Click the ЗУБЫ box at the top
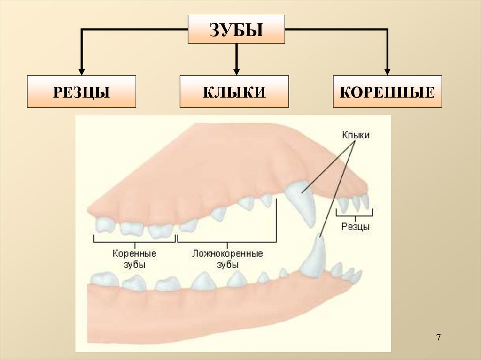pos(236,30)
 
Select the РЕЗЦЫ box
pos(81,92)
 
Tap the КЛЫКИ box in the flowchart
pos(234,92)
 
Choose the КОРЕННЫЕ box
pos(387,92)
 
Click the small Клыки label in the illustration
pos(356,135)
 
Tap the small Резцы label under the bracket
pos(355,227)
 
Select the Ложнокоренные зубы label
pos(227,259)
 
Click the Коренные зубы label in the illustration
pos(134,259)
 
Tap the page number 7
pos(438,337)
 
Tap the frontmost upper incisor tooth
pos(365,201)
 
